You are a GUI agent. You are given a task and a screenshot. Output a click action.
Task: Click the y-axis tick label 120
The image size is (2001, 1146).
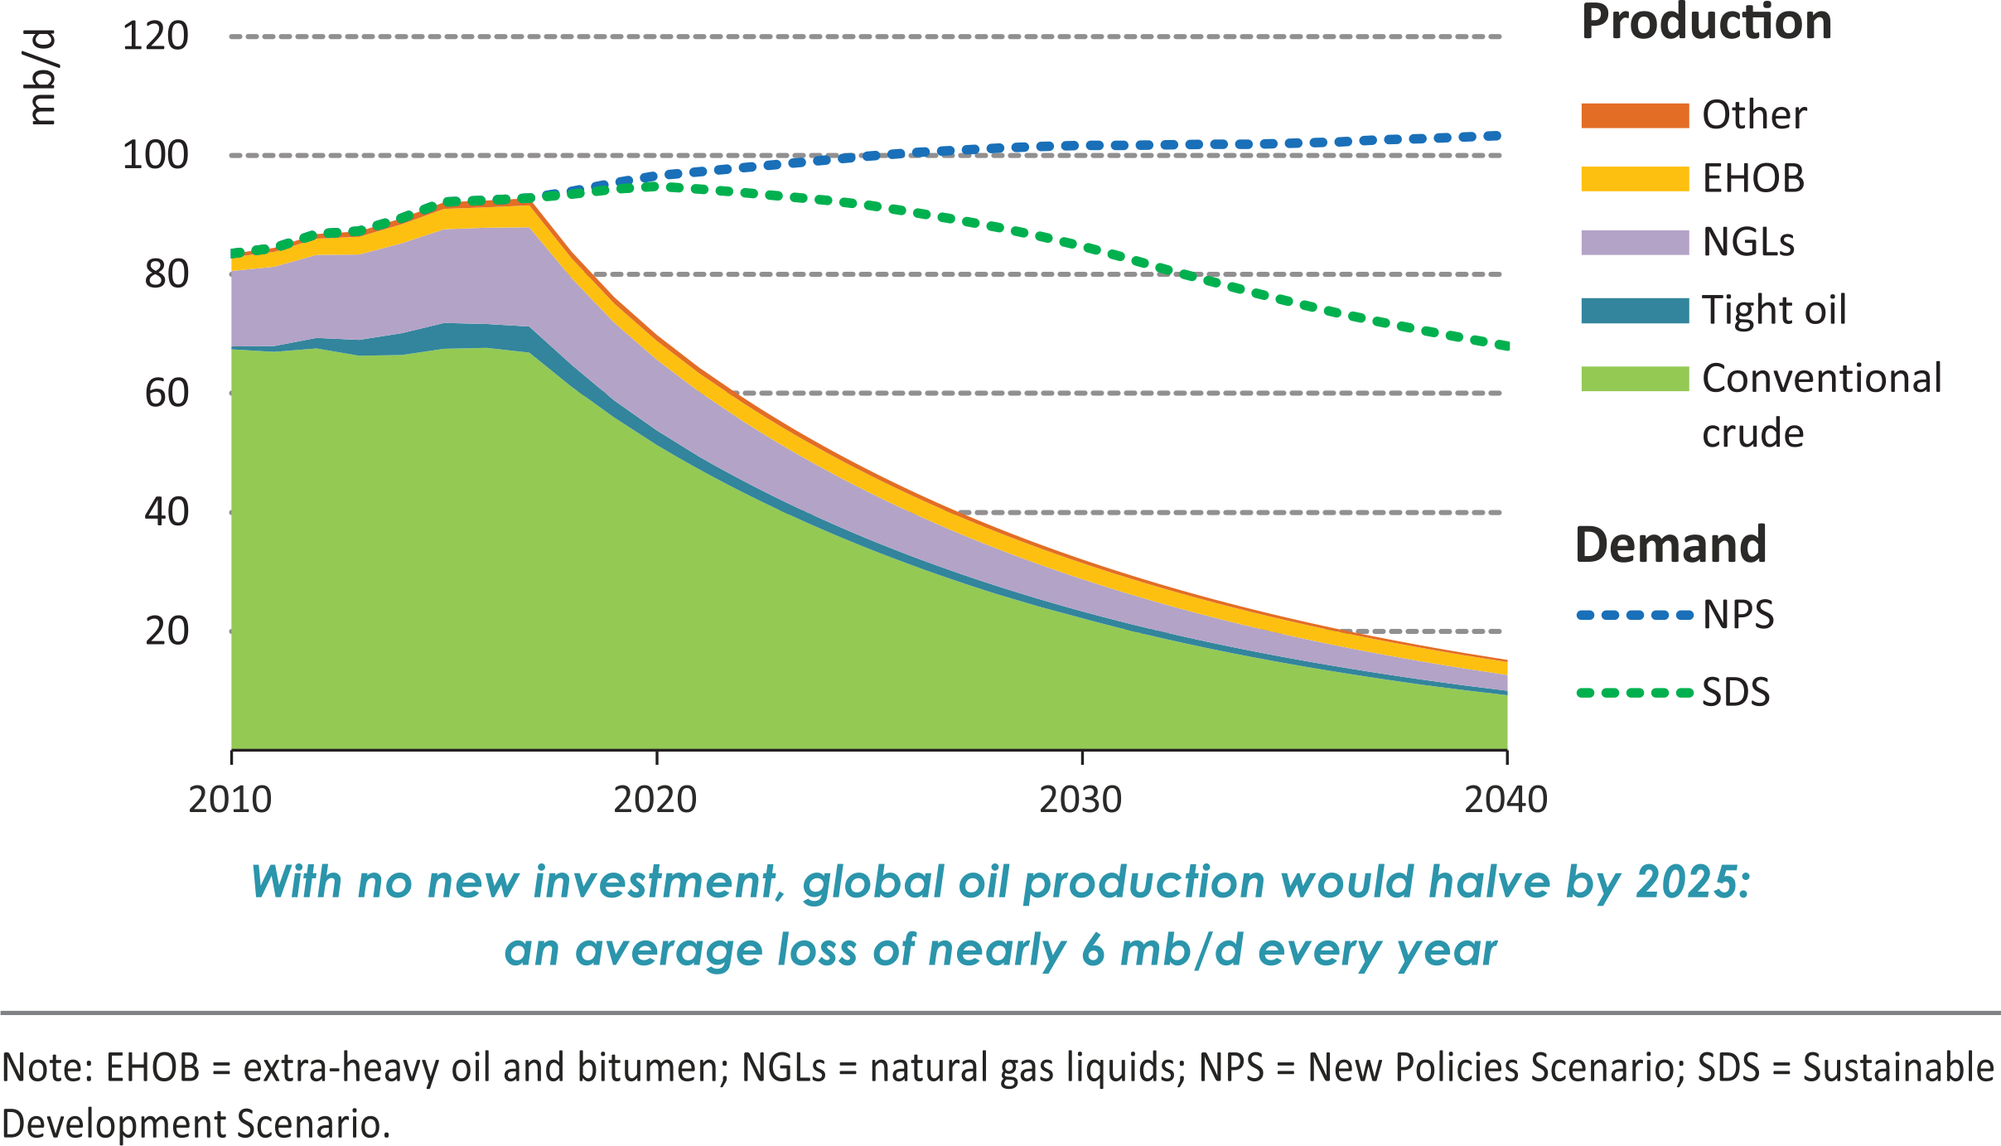(x=155, y=36)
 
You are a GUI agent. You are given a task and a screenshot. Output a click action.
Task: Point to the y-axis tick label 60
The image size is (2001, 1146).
(x=167, y=394)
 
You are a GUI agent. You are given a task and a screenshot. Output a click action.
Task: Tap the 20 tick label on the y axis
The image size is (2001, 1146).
(x=167, y=631)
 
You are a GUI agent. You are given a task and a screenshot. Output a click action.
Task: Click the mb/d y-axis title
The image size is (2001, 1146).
(x=41, y=79)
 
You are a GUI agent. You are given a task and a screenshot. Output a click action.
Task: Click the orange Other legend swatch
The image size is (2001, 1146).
(x=1634, y=115)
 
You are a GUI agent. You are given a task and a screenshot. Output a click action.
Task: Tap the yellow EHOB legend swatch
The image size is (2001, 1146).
(x=1634, y=179)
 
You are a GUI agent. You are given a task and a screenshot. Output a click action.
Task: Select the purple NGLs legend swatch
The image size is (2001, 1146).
(x=1634, y=242)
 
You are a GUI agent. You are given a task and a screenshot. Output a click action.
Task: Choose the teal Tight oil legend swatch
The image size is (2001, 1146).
(x=1634, y=311)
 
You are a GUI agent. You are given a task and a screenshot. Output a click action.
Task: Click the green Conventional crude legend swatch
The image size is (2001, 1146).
(x=1634, y=379)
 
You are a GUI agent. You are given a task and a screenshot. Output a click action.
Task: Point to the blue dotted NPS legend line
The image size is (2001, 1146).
(x=1634, y=616)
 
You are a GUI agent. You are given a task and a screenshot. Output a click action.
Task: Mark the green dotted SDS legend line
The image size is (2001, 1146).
(x=1634, y=693)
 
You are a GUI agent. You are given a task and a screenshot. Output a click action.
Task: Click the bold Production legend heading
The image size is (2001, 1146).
(x=1706, y=22)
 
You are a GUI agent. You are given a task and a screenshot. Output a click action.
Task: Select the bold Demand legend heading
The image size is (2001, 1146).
(x=1670, y=545)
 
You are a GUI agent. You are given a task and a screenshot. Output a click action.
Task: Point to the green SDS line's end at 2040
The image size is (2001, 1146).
(x=1503, y=345)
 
